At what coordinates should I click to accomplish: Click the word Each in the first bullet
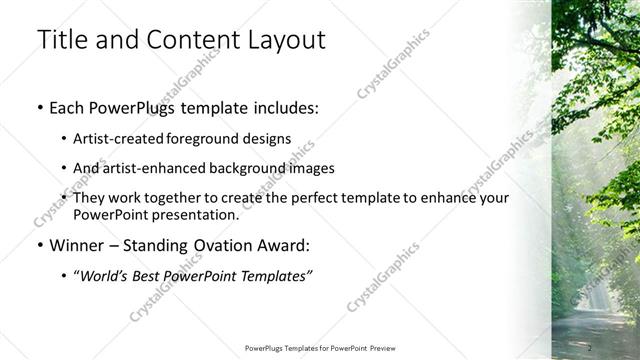tap(68, 108)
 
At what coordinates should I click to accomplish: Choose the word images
tap(311, 168)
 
